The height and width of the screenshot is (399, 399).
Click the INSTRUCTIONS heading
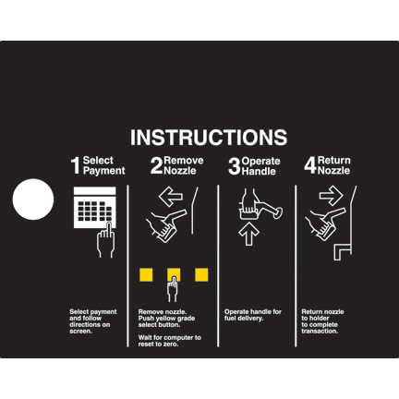pos(209,137)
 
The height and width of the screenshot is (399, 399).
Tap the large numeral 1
pos(76,165)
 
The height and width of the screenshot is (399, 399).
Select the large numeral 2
pos(156,165)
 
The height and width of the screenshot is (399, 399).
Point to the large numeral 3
pos(234,166)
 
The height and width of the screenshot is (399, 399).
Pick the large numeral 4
pos(310,165)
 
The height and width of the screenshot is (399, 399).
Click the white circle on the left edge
pos(33,199)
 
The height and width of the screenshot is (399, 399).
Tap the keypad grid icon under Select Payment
pos(95,208)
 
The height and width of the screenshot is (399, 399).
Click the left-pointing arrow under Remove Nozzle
pos(171,196)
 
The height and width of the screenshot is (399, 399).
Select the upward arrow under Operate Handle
pos(248,234)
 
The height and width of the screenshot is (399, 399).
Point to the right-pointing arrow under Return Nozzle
pos(331,196)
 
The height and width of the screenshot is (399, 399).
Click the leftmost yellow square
pos(146,275)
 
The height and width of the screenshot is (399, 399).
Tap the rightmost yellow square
pos(201,275)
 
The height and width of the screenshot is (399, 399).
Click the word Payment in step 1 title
pos(104,171)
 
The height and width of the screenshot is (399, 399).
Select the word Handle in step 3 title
pos(259,172)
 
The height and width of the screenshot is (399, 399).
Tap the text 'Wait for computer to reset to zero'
pos(170,341)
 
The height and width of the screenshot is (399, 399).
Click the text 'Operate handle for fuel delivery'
pos(253,315)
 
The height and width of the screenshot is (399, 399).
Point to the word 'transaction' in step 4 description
pos(320,332)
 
